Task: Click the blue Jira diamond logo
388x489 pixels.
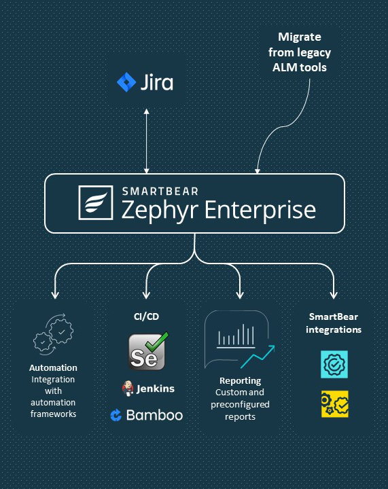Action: pos(126,82)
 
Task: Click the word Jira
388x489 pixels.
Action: pos(157,82)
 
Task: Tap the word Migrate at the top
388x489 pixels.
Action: pos(300,37)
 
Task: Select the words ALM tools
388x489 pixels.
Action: pos(300,67)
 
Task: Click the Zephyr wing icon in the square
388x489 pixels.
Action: pos(96,202)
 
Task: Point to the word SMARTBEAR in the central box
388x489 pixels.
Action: pos(160,191)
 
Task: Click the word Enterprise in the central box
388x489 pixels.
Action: pos(260,210)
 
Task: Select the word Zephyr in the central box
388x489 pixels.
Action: pos(160,211)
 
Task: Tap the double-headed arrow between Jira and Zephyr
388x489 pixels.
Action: pos(146,141)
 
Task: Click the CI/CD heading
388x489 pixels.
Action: pos(146,316)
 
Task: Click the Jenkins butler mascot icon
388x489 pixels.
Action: pos(127,388)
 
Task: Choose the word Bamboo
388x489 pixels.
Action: pos(154,415)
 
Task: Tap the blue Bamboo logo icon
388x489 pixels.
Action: pos(116,416)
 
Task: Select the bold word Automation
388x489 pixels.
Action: pos(53,367)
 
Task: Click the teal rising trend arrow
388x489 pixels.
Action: pos(258,357)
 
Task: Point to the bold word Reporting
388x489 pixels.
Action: pos(240,381)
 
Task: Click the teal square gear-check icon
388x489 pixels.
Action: pos(334,364)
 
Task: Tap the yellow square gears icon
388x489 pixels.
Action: pos(335,404)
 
